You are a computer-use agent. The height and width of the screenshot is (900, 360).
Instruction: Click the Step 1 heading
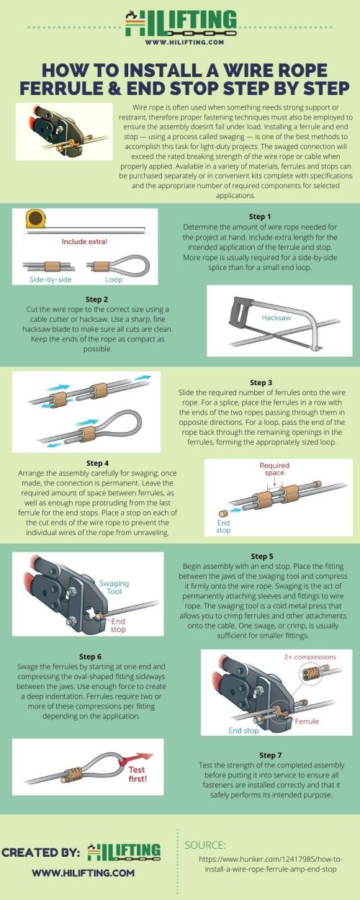(259, 216)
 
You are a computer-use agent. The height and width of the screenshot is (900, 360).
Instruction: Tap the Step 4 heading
(97, 463)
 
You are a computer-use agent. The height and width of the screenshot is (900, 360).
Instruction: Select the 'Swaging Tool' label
(114, 586)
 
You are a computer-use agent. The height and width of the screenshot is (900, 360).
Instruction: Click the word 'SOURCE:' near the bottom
(205, 845)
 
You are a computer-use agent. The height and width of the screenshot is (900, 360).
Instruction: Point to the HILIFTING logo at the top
(179, 22)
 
